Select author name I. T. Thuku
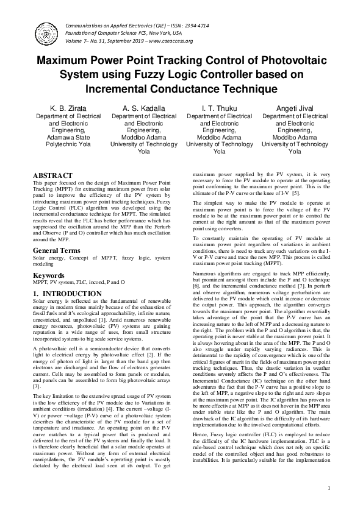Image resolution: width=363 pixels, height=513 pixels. click(219, 108)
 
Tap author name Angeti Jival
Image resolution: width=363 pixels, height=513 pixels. click(295, 108)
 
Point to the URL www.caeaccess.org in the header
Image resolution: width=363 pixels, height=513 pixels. click(168, 41)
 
